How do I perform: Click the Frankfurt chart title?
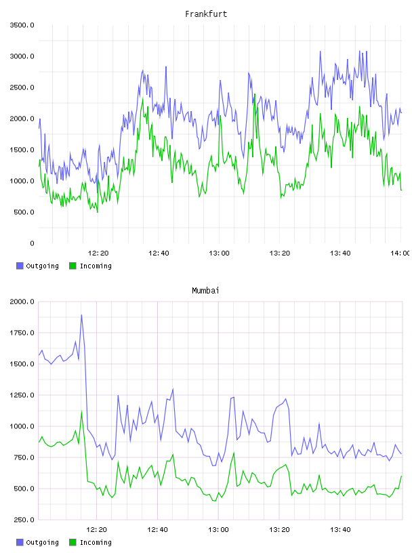206,14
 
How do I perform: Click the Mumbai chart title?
205,291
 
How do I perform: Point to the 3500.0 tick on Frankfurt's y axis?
22,25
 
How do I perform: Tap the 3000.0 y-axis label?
22,56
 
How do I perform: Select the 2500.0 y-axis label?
22,87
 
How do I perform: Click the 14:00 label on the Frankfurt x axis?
400,253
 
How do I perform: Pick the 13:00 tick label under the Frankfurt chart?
219,253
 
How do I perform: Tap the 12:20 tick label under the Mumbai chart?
97,530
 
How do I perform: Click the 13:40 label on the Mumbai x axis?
340,530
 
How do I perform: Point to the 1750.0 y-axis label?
22,333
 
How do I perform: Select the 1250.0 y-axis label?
22,395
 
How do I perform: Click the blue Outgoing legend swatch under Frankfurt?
20,266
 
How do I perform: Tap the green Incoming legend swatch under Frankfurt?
73,266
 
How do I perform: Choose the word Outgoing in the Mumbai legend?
42,542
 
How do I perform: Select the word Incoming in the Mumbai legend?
96,542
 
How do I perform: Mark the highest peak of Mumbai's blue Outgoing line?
81,315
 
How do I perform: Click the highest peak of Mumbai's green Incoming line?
81,411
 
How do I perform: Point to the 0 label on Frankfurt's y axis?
32,243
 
